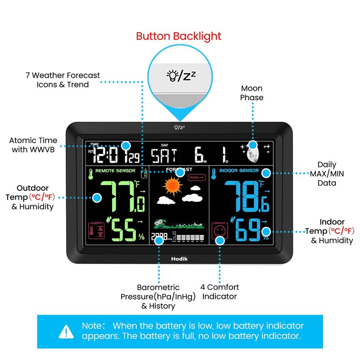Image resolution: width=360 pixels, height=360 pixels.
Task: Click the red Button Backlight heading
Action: coord(179,36)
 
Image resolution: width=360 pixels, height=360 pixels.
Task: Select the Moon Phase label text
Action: coord(252,93)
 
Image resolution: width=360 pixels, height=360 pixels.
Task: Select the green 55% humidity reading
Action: coord(126,229)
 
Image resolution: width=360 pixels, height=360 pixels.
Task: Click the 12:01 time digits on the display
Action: coord(110,156)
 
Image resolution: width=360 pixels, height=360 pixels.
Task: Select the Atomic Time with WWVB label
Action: coord(31,145)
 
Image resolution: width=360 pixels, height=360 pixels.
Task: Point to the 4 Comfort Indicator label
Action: coord(220,292)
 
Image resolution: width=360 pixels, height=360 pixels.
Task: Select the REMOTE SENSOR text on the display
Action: coord(115,171)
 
